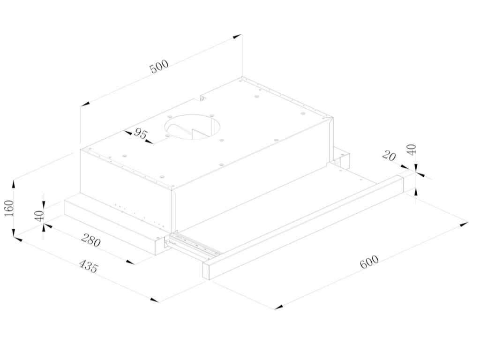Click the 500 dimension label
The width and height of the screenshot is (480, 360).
point(159,66)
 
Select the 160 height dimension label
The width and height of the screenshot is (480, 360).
point(9,208)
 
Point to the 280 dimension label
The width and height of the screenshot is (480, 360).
point(90,240)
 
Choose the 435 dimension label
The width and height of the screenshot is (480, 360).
point(89,266)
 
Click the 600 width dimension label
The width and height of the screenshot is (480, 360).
point(369,262)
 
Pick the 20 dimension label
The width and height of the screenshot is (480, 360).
point(389,156)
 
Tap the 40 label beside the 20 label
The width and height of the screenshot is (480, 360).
point(412,150)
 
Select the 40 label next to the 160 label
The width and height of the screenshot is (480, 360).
point(40,216)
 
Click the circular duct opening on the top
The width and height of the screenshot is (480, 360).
point(192,127)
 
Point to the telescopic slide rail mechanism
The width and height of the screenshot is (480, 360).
point(194,244)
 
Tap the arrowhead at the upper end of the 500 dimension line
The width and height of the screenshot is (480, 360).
point(237,37)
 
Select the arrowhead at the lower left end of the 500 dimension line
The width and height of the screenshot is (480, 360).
point(85,104)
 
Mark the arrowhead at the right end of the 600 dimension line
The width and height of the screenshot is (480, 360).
point(464,225)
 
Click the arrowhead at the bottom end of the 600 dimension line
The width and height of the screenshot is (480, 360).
point(278,307)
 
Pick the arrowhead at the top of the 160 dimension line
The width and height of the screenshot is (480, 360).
point(13,185)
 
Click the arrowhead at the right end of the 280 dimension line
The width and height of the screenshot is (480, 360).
point(130,262)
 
